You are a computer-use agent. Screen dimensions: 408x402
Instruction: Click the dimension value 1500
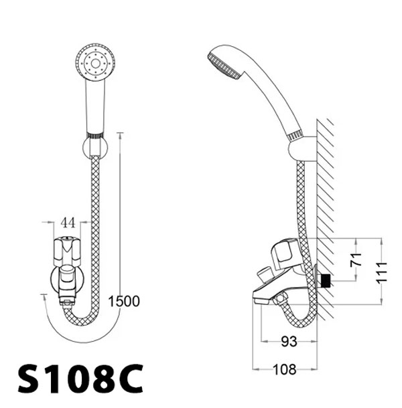123,301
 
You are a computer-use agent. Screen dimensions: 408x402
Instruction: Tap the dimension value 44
67,221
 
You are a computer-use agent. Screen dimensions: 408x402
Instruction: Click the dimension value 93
289,342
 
